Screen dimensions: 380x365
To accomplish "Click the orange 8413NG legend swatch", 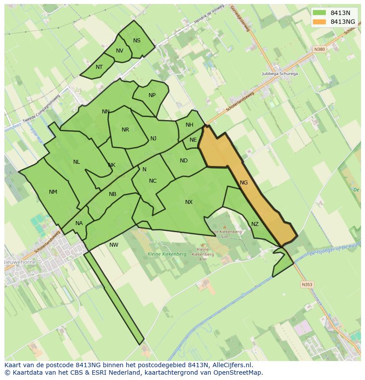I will pos(320,22).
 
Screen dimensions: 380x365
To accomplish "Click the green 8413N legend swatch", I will pos(320,13).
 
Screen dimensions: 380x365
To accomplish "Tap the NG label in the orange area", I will pos(244,182).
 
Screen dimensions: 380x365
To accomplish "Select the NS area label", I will pos(137,41).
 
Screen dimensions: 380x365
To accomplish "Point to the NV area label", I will pos(119,51).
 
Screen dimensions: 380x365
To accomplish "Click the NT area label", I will pos(99,67).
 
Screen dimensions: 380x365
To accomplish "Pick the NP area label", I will pos(152,95).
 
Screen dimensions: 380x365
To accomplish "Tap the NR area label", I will pos(125,130).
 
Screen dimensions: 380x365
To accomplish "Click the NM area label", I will pos(53,192).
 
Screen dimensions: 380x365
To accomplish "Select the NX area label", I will pos(189,202).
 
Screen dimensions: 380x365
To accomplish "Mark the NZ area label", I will pos(255,224).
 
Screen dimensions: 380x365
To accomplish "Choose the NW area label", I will pos(114,245).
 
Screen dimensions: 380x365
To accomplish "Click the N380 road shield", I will pos(319,49).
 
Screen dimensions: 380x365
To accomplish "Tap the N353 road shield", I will pos(307,285).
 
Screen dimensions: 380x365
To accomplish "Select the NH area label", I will pos(189,125).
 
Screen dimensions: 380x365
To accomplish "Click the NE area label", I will pos(193,140).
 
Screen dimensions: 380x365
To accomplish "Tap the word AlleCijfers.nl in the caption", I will pos(231,365).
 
